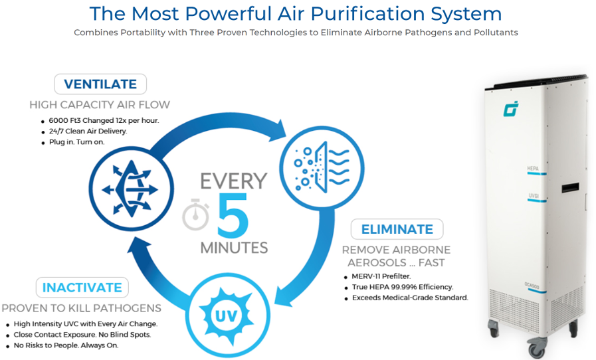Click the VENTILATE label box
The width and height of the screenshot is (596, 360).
click(100, 84)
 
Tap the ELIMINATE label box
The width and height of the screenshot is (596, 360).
click(397, 229)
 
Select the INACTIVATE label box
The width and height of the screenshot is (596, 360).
click(82, 288)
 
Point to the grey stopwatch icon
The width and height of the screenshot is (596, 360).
click(196, 215)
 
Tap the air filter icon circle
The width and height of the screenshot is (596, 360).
click(322, 167)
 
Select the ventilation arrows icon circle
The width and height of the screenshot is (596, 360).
click(131, 189)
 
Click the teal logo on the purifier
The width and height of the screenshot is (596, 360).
click(511, 109)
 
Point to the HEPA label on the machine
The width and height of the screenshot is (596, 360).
click(533, 168)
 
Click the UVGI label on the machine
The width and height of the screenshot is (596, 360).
click(534, 195)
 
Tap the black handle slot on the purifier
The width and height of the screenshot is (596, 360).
click(570, 187)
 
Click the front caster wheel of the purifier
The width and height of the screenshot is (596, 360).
click(536, 348)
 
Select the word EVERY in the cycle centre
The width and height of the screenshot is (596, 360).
click(233, 181)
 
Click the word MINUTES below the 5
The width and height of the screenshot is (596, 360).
click(234, 248)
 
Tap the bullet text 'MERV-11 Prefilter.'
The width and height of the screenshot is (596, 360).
click(381, 276)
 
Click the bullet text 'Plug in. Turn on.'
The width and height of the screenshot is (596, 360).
click(76, 141)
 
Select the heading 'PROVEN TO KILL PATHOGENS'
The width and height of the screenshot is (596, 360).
click(81, 308)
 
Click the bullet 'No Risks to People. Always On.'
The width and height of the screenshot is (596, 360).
click(66, 345)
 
